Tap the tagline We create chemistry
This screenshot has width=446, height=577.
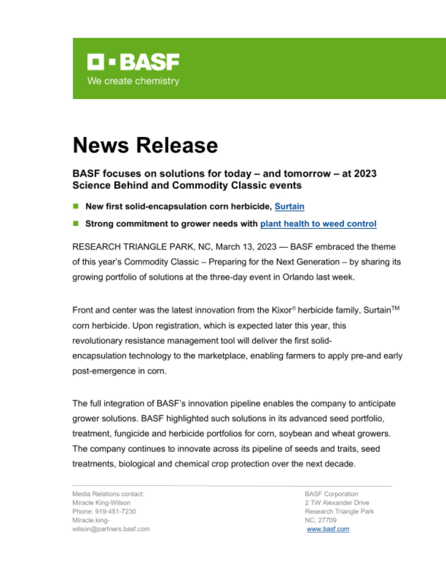[x=133, y=81]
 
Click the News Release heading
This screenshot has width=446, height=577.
[x=145, y=145]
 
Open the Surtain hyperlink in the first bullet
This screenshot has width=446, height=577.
[x=289, y=207]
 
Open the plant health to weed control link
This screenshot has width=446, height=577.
[x=318, y=224]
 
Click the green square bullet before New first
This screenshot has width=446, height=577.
[x=76, y=206]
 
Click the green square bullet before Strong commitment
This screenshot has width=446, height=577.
[x=76, y=223]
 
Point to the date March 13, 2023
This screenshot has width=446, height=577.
[x=246, y=247]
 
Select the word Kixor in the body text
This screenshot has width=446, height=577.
[x=282, y=310]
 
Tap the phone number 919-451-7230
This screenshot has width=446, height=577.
[x=115, y=512]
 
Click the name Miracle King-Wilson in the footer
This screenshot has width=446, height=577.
[x=101, y=503]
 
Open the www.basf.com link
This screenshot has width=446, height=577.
[x=328, y=529]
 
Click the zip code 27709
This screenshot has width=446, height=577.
[x=327, y=520]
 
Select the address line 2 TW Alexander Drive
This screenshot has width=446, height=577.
[x=337, y=503]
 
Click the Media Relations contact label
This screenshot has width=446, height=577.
[x=108, y=494]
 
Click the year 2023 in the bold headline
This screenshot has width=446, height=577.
[x=365, y=174]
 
